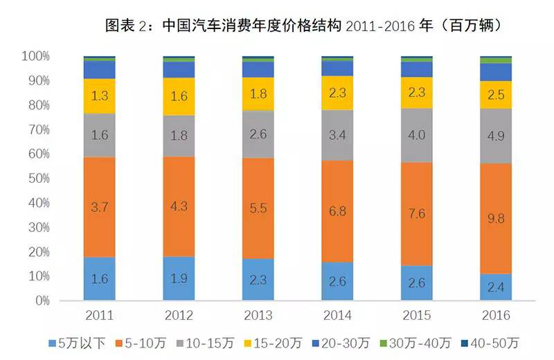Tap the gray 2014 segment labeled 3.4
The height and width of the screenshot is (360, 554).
[337, 135]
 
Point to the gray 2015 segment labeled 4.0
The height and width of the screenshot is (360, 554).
[417, 135]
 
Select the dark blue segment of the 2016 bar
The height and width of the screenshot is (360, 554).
[496, 72]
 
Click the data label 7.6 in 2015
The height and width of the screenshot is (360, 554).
[417, 213]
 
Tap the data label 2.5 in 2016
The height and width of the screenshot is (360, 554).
[496, 95]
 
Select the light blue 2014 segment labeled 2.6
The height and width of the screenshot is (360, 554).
[337, 282]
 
